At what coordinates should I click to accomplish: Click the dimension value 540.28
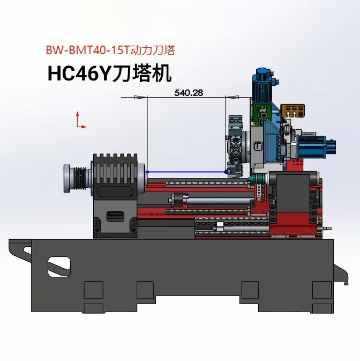pos(189,93)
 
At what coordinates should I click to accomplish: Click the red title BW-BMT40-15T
pos(88,50)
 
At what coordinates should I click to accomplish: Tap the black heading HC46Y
pos(80,73)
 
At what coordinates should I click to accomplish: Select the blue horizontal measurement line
pos(186,172)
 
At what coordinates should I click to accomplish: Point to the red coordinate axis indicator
pos(80,120)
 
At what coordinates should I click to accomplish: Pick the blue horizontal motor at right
pos(317,147)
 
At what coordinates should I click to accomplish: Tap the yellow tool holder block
pos(293,110)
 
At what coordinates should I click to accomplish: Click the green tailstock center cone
pos(252,179)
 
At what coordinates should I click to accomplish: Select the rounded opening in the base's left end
pos(59,267)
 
